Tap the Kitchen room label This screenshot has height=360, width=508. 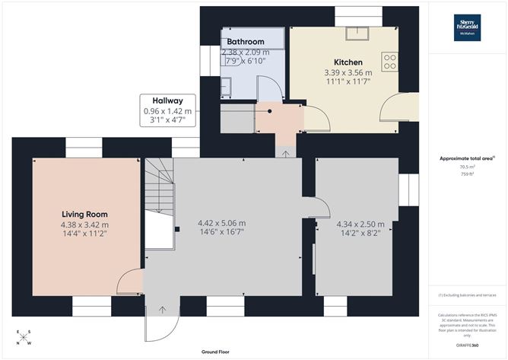coord(348,62)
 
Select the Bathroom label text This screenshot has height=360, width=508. coord(244,42)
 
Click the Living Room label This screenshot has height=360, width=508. coord(84,215)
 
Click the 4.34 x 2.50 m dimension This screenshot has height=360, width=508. coord(360,225)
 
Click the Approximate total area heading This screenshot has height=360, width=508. coord(467,158)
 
